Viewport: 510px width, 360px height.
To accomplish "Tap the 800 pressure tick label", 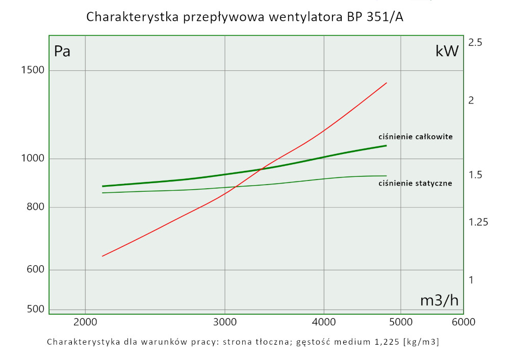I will [x=33, y=207].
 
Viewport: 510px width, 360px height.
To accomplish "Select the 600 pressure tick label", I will [x=33, y=270].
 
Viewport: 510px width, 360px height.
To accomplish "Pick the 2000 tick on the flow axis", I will [x=85, y=322].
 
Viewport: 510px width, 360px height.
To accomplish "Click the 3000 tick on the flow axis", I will [x=225, y=322].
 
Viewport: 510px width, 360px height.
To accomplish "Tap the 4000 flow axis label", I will [x=324, y=322].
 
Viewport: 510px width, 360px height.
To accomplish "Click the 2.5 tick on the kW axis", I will [x=475, y=43].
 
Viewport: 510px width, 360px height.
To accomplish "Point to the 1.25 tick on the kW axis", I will [x=478, y=222].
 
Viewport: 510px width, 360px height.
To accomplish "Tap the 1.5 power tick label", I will [x=475, y=175].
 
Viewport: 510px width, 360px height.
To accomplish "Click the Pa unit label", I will [x=62, y=51].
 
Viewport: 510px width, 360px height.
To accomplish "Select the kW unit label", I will [x=447, y=51].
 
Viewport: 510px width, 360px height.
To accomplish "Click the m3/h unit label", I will [x=439, y=301].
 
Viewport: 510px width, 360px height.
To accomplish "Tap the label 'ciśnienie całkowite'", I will [x=415, y=137].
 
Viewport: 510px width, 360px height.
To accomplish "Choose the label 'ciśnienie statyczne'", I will [x=415, y=183].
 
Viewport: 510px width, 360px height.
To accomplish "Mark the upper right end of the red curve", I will [x=387, y=83].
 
